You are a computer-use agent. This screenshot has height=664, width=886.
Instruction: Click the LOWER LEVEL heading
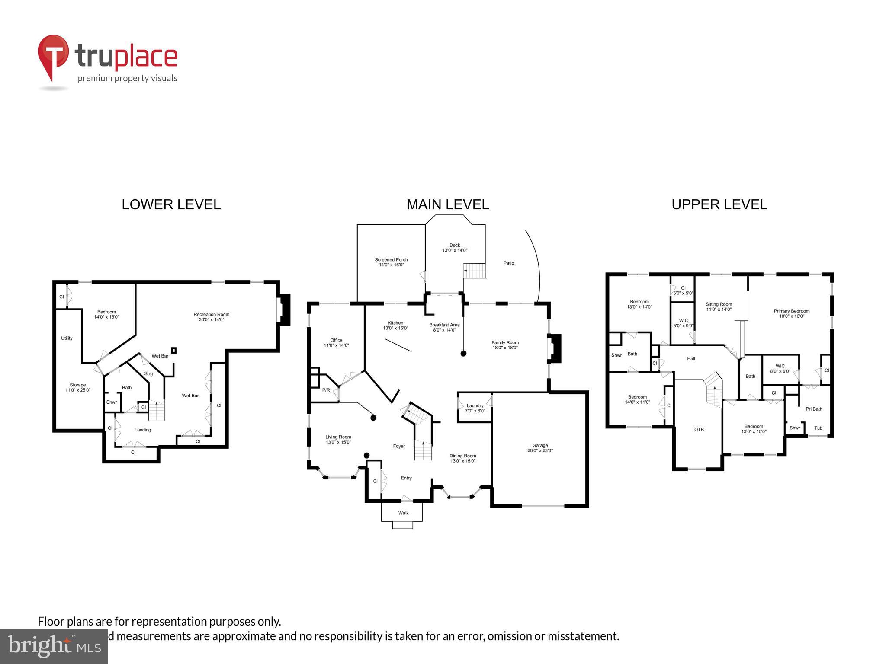pos(171,204)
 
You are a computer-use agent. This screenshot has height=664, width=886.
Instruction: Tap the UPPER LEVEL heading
pos(719,204)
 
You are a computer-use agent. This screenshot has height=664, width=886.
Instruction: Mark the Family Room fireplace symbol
pos(554,349)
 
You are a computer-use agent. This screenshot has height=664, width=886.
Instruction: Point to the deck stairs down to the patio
pos(475,271)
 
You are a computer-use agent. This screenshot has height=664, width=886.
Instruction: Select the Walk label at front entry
pos(403,513)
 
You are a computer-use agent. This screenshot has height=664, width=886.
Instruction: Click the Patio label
pos(509,263)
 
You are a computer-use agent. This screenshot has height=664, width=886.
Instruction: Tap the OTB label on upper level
pos(699,429)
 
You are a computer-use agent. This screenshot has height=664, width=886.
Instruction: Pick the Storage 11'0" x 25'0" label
pos(78,387)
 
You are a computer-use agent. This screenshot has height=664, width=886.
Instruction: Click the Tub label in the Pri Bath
pos(818,428)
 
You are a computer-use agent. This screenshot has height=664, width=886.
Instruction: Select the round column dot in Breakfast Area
pos(463,353)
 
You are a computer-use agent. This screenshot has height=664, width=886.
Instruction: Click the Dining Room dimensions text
pos(462,461)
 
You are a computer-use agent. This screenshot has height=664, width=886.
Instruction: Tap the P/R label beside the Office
pos(326,390)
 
